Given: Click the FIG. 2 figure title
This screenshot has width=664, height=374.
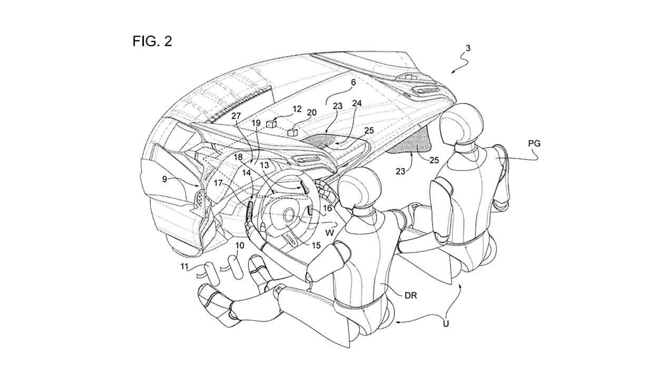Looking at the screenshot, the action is coord(152,41).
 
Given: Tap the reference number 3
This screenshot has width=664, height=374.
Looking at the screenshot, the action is coord(468,48).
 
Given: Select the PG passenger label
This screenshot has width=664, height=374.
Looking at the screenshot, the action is coord(534,143).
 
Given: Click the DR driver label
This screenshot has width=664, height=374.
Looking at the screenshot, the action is coord(411,295).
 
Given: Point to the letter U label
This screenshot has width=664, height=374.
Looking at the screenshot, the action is coord(446,323).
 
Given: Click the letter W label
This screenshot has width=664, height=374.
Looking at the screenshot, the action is coord(330,233).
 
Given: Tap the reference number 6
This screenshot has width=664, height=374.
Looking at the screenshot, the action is coord(353,82).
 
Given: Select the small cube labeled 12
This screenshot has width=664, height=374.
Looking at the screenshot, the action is coord(271,124).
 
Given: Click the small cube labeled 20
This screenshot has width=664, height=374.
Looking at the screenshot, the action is coord(292,132).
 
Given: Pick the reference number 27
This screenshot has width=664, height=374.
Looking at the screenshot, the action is coord(236,116).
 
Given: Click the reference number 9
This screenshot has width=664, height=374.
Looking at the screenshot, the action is coord(164,179).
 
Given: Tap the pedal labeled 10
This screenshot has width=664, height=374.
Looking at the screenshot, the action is coord(236,268).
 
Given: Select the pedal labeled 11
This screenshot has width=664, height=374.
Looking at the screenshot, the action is coord(211,274).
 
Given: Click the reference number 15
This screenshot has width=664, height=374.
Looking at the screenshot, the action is coord(316,245).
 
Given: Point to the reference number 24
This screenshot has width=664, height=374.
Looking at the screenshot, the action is coord(357,103).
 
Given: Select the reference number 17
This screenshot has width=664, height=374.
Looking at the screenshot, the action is coord(218,183).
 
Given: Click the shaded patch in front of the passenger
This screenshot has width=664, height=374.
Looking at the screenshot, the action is coord(412,142).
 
